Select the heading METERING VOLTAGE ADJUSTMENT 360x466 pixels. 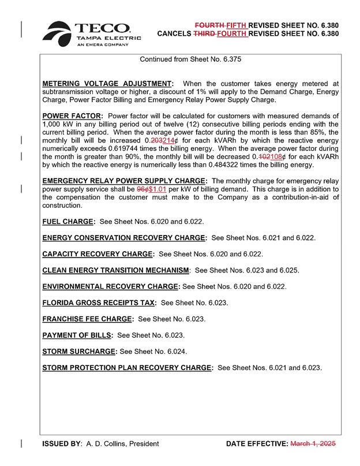coord(107,84)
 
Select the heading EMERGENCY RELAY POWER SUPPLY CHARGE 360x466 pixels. coord(125,181)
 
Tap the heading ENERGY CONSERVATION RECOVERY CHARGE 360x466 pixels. coord(124,237)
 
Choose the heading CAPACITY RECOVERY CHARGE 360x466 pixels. coord(98,253)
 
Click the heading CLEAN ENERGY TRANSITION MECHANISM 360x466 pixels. coord(116,270)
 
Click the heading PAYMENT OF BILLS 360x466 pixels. coord(77,334)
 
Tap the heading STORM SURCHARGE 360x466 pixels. coord(80,351)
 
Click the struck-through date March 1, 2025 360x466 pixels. coord(312,443)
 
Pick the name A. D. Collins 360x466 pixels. coord(106,443)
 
